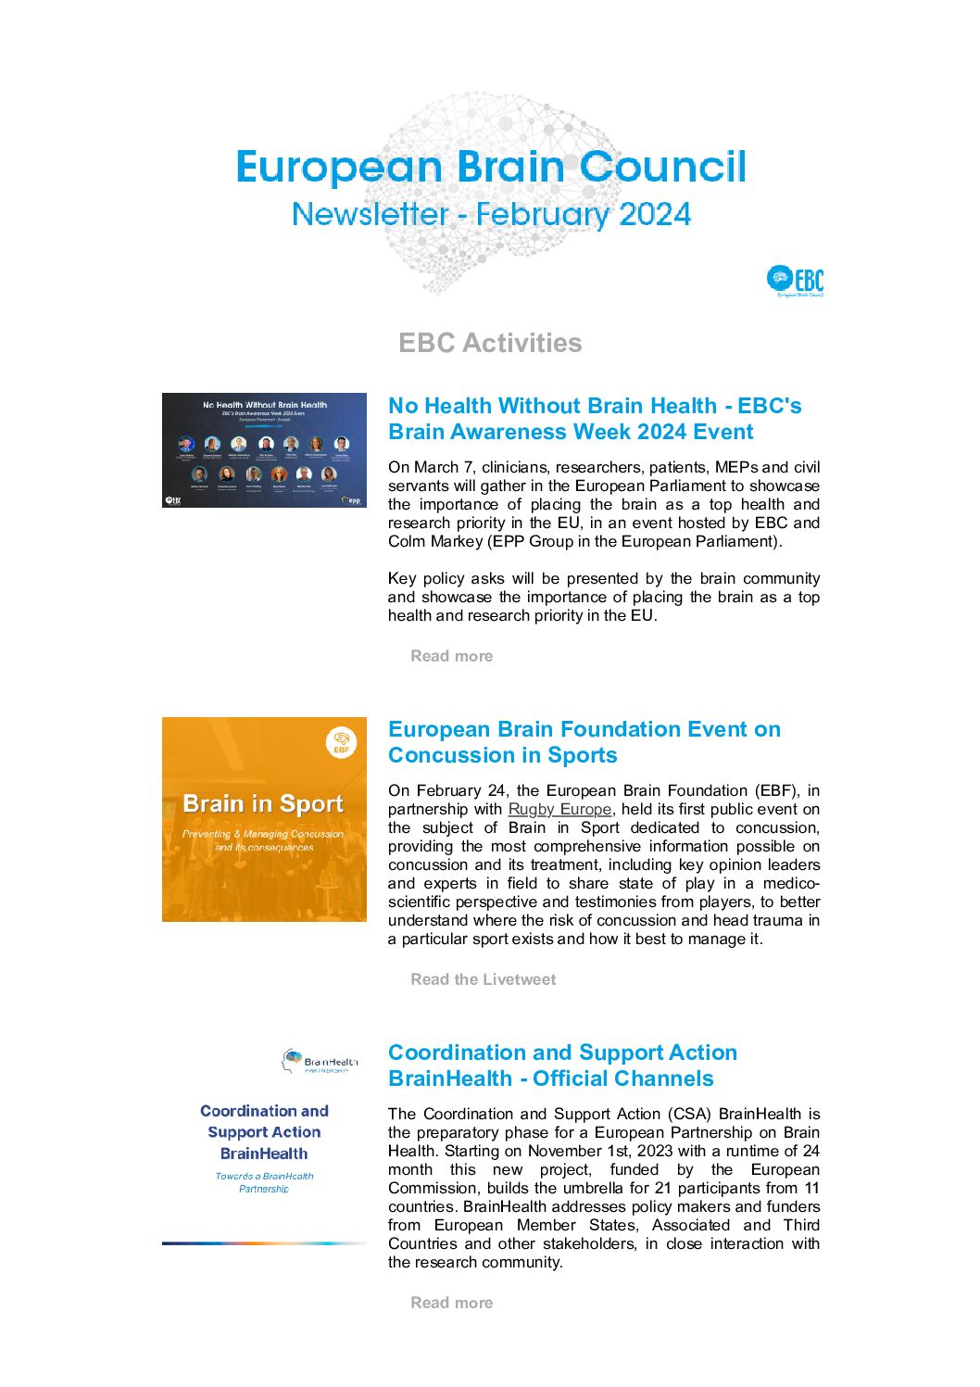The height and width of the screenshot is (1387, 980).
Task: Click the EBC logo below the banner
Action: (795, 281)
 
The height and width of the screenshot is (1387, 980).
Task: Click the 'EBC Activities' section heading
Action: (490, 343)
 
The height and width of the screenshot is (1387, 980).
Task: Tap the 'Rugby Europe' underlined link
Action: (559, 809)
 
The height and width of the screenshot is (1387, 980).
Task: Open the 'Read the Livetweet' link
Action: (483, 979)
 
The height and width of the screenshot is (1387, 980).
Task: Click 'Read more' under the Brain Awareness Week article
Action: (451, 656)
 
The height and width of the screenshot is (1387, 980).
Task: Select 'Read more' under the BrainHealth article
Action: (451, 1303)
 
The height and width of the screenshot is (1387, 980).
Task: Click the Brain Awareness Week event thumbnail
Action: (264, 450)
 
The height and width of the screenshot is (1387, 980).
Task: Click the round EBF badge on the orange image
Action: (342, 742)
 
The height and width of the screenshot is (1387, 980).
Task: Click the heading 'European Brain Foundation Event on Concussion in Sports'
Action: (584, 742)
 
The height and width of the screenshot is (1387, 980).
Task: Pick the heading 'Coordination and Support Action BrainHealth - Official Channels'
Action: (562, 1065)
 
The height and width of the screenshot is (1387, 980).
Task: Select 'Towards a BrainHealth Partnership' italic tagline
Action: (264, 1182)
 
